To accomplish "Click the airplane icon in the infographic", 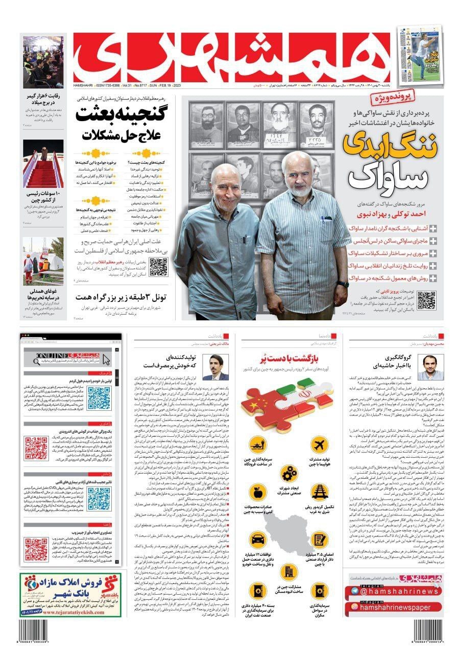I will (x=319, y=445).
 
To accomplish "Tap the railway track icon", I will (x=319, y=492).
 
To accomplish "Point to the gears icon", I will (x=289, y=474).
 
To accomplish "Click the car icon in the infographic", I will (x=258, y=540).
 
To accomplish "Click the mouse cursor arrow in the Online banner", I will (x=107, y=359).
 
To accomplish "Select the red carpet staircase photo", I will (x=43, y=163).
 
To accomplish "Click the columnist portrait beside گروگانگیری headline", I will (x=423, y=367).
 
